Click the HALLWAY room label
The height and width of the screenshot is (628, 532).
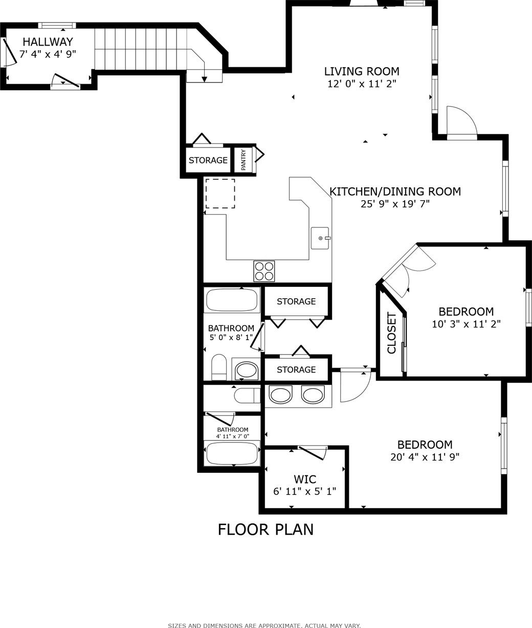pyautogui.click(x=48, y=41)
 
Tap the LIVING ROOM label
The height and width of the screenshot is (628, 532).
pyautogui.click(x=362, y=71)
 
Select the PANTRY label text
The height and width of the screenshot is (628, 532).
pyautogui.click(x=243, y=160)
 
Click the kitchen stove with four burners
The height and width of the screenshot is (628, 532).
pyautogui.click(x=264, y=271)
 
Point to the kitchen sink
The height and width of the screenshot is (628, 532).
pyautogui.click(x=320, y=238)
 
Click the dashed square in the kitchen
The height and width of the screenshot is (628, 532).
pyautogui.click(x=220, y=194)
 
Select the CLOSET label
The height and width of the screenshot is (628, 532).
pyautogui.click(x=392, y=333)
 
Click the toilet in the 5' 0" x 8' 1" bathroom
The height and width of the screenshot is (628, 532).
pyautogui.click(x=219, y=367)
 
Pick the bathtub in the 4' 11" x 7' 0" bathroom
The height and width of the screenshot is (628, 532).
pyautogui.click(x=232, y=453)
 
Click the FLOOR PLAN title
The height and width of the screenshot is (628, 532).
pyautogui.click(x=266, y=530)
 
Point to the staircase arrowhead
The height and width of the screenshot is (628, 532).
pyautogui.click(x=204, y=79)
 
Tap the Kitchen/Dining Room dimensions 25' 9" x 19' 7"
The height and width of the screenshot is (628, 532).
pyautogui.click(x=395, y=204)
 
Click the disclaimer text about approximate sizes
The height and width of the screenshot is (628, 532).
pyautogui.click(x=264, y=625)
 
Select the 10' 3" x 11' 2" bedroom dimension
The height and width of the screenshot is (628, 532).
pyautogui.click(x=466, y=324)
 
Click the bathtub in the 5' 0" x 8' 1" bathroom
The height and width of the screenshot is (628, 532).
pyautogui.click(x=232, y=300)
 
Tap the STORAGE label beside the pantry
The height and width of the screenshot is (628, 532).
pyautogui.click(x=208, y=160)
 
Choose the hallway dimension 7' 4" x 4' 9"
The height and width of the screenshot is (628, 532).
pyautogui.click(x=48, y=54)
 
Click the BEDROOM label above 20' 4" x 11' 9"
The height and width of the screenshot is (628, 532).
pyautogui.click(x=425, y=445)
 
